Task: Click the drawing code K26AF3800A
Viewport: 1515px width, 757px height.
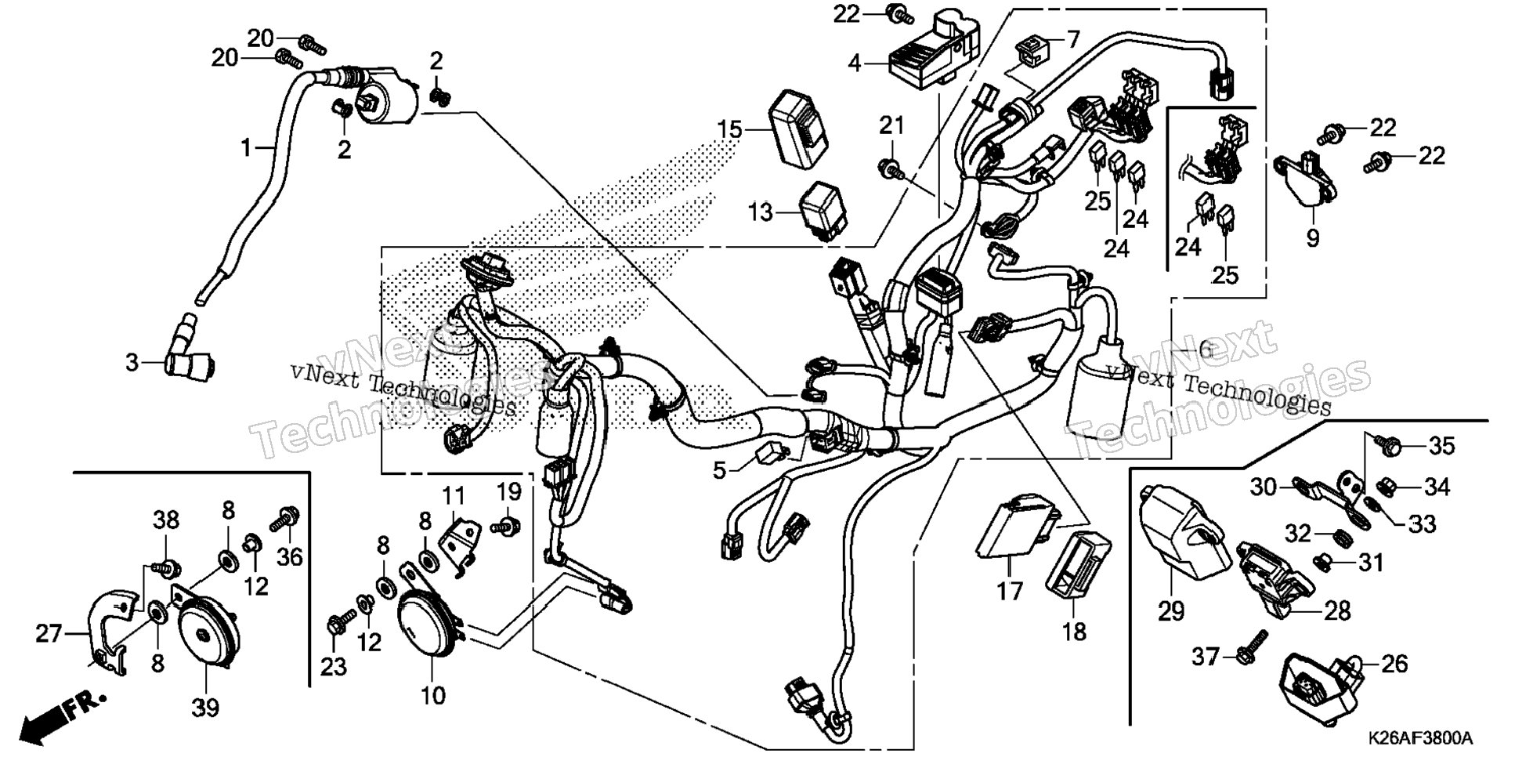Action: pos(1421,738)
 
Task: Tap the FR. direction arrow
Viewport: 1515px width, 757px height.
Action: pos(59,714)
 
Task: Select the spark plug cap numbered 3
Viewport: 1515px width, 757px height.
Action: pos(190,351)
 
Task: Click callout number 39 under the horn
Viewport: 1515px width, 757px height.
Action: pos(206,707)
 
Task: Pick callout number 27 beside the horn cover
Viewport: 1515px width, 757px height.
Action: pos(49,632)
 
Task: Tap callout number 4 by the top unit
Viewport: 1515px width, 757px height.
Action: pos(854,63)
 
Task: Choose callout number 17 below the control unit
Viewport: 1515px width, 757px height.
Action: pos(1010,590)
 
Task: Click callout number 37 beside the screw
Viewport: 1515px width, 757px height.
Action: pos(1206,655)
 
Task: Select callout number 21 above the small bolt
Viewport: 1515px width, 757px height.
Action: pos(891,125)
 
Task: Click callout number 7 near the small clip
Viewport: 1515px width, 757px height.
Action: pos(1072,39)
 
